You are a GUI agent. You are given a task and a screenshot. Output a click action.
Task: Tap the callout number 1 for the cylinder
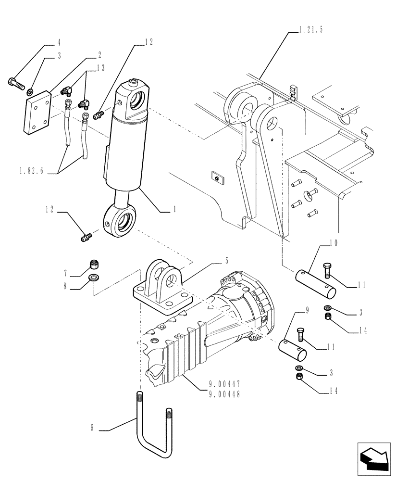tap(174, 210)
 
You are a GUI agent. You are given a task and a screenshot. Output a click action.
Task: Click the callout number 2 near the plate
tap(99, 54)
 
